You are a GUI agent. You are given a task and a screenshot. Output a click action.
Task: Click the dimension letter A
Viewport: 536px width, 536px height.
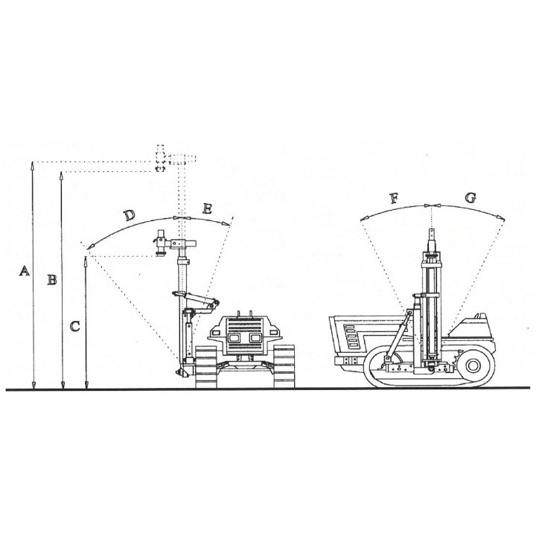coord(24,272)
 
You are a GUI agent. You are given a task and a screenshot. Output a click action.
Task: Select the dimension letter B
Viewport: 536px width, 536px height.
coord(52,280)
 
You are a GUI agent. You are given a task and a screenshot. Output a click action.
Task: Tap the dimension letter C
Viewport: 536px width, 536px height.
coord(75,327)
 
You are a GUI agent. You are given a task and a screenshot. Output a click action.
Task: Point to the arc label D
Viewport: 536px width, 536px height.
coord(130,215)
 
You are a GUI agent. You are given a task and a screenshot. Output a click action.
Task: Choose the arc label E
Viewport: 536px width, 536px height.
coord(207,208)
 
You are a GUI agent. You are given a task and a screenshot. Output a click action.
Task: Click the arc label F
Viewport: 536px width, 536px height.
coord(395,198)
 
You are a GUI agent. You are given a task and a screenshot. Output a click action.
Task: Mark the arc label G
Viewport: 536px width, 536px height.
coord(470,197)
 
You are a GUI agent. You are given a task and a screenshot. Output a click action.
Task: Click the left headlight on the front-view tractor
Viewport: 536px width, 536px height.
coord(234,338)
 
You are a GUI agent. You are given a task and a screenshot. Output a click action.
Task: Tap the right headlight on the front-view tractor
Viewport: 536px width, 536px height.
coord(255,338)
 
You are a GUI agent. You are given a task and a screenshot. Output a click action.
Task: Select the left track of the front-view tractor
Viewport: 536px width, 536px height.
coord(205,367)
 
